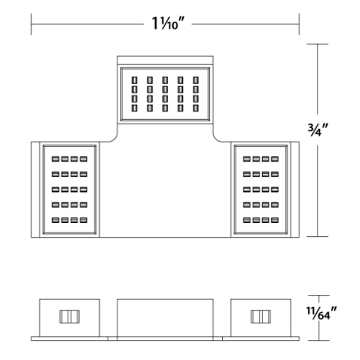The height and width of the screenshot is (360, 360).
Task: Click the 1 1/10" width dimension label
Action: pos(168,24)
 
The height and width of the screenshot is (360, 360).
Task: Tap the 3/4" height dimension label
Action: pos(318,130)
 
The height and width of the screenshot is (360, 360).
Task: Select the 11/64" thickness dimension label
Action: pos(321,313)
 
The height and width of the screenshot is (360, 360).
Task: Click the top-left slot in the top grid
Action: pos(135,80)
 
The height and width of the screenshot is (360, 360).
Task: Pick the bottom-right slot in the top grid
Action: pos(196,108)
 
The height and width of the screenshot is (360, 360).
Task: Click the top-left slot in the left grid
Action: pos(55,159)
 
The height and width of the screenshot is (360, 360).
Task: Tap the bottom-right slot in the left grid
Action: pos(84,220)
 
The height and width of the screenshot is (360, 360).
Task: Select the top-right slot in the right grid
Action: pos(275,159)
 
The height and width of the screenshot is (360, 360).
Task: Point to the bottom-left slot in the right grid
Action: pos(247,220)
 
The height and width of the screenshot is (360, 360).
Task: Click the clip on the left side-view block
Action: pos(70,317)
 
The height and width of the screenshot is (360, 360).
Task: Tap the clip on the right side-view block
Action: pos(261,317)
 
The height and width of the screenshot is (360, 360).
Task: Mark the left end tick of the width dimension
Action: pos(31,24)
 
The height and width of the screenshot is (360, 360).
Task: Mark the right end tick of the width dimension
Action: pos(299,24)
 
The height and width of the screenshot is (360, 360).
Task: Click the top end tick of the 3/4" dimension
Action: pos(318,44)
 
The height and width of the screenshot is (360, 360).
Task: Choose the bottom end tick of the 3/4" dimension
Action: pos(318,237)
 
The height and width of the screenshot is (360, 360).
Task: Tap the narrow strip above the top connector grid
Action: pos(165,60)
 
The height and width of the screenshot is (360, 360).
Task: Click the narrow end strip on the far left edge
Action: pos(36,189)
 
